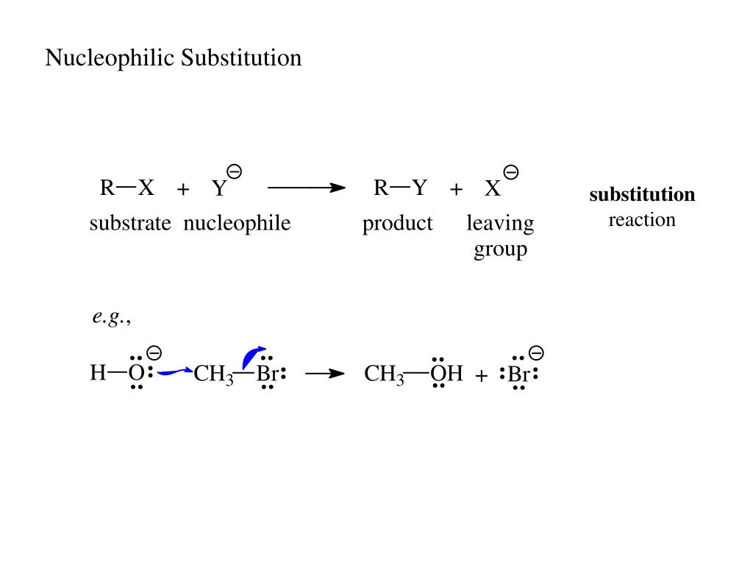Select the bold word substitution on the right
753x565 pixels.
642,195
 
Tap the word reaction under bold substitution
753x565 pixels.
642,220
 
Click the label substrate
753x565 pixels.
130,224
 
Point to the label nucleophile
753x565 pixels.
237,224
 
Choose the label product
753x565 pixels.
397,224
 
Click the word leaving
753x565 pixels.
500,224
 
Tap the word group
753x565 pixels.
500,249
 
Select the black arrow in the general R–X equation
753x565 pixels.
307,188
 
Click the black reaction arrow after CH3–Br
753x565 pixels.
325,374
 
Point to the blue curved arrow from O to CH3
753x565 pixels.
175,372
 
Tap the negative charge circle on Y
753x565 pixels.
235,172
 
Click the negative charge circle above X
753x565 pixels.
511,173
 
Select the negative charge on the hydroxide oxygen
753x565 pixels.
154,353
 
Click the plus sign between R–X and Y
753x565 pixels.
183,190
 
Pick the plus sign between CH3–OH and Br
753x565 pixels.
482,377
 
